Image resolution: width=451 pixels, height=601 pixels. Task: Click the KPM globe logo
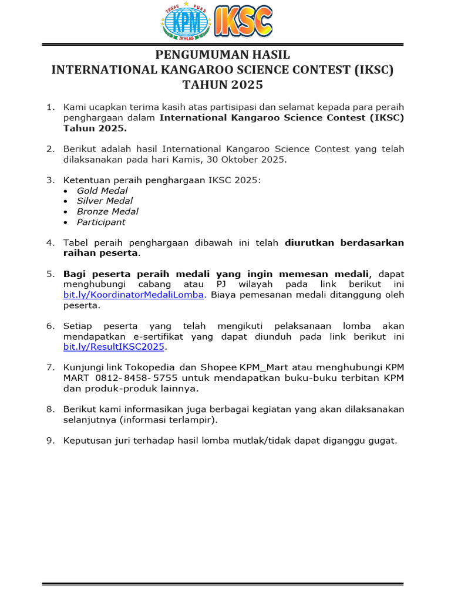click(x=184, y=23)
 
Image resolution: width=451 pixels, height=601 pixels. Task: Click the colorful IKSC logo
click(x=244, y=22)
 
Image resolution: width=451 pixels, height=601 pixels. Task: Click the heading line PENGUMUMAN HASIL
click(x=222, y=55)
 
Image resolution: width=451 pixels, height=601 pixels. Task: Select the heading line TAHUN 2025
click(x=222, y=85)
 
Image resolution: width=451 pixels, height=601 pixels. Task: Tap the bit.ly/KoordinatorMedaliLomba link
click(x=133, y=295)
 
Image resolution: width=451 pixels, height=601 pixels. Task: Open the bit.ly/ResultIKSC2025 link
click(x=115, y=347)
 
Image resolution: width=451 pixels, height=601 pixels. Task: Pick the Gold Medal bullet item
click(x=102, y=191)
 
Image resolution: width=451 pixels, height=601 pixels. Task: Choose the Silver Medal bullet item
click(x=105, y=201)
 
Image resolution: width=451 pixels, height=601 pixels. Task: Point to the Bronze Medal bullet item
click(x=107, y=211)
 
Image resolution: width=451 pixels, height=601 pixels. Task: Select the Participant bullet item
click(x=101, y=222)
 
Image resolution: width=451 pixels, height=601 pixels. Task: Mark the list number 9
click(x=51, y=440)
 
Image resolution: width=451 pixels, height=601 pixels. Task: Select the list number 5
click(x=51, y=274)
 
